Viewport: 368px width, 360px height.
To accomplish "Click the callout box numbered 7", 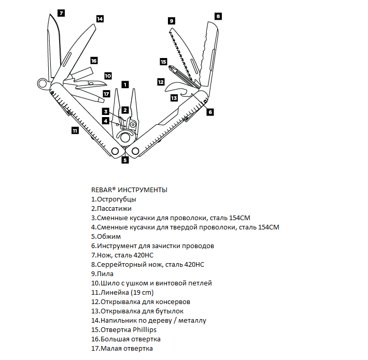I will pyautogui.click(x=61, y=12).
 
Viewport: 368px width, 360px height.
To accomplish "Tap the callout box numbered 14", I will pyautogui.click(x=100, y=18).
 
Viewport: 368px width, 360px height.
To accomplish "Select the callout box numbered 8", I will pyautogui.click(x=218, y=16).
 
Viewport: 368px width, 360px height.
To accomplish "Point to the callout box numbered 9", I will pyautogui.click(x=171, y=21).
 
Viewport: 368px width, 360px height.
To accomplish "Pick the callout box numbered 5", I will pyautogui.click(x=125, y=160).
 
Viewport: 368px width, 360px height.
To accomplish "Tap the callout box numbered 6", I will pyautogui.click(x=210, y=111).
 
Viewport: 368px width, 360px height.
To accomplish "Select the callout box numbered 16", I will pyautogui.click(x=94, y=61).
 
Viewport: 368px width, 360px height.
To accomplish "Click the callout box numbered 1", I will pyautogui.click(x=125, y=84).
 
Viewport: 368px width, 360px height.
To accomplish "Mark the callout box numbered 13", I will pyautogui.click(x=174, y=97).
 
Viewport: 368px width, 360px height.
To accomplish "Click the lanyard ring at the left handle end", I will pyautogui.click(x=42, y=83).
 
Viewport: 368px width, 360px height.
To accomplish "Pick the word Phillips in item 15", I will pyautogui.click(x=145, y=329).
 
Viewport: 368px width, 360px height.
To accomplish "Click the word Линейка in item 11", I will pyautogui.click(x=110, y=292).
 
